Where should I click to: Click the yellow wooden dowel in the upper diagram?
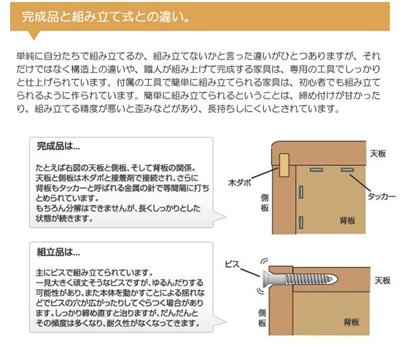point(284,163)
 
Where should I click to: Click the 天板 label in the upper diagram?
point(378,155)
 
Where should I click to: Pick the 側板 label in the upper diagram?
point(265,205)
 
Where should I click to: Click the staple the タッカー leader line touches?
point(348,169)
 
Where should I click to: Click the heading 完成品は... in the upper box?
point(58,145)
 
